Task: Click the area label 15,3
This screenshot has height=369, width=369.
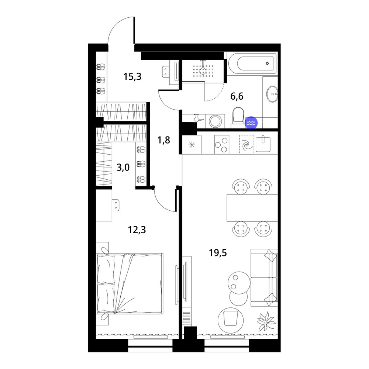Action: [132, 76]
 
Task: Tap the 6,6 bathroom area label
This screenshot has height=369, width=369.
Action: [237, 96]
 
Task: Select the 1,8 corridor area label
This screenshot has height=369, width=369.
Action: [163, 140]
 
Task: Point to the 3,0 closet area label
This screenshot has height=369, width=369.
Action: [123, 168]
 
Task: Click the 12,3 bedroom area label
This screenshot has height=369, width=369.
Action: [137, 230]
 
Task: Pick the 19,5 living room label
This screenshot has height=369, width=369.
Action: [218, 253]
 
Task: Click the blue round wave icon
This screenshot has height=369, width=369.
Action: [251, 123]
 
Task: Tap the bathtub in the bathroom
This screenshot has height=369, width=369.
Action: [252, 63]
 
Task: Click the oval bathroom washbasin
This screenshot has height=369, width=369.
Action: [272, 94]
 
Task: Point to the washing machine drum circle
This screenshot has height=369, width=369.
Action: [215, 121]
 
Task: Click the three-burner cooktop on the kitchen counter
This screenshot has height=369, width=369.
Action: [222, 145]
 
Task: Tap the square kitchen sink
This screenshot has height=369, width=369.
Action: [263, 144]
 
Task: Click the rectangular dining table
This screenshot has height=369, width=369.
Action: [252, 208]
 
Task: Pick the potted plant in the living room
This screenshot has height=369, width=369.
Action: [267, 321]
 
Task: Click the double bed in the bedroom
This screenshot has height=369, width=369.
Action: [130, 283]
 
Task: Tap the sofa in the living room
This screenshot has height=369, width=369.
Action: [264, 278]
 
